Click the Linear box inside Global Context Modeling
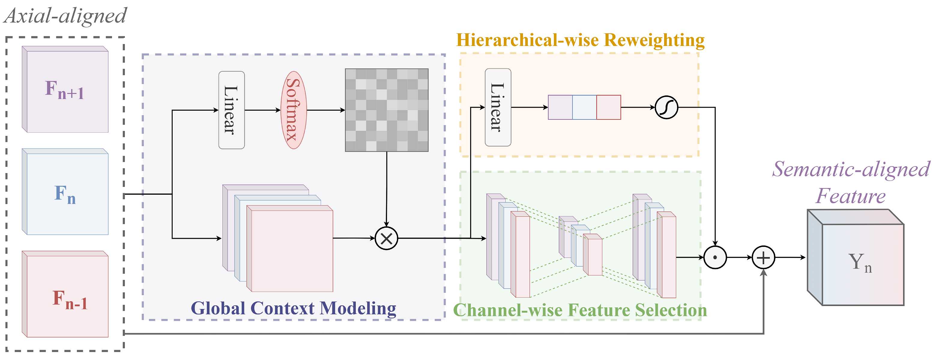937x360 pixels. tap(231, 110)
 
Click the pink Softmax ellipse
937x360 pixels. tap(294, 110)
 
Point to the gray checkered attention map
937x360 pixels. tap(386, 110)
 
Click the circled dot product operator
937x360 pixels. tap(715, 257)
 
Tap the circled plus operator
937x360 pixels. tap(763, 257)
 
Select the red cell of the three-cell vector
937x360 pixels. tap(608, 107)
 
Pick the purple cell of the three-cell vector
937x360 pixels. tap(560, 107)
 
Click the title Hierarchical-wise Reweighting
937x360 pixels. tap(580, 40)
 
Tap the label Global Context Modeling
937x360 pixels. tap(293, 308)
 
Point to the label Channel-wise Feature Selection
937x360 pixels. tap(580, 310)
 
